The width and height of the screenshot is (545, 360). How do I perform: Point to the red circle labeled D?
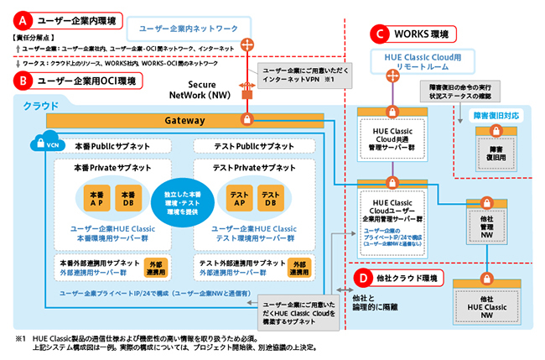(x=361, y=278)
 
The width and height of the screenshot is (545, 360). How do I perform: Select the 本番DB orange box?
(x=127, y=199)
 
